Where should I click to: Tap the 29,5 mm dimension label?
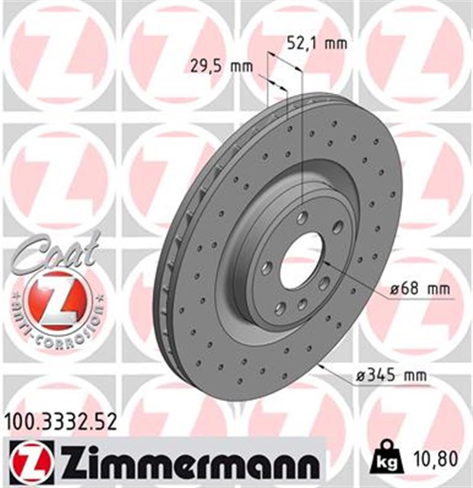(x=220, y=67)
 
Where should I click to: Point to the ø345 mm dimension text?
(x=392, y=374)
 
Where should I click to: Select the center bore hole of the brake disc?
(x=302, y=257)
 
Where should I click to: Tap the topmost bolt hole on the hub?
(x=302, y=217)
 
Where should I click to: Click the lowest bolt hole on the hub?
(x=280, y=307)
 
